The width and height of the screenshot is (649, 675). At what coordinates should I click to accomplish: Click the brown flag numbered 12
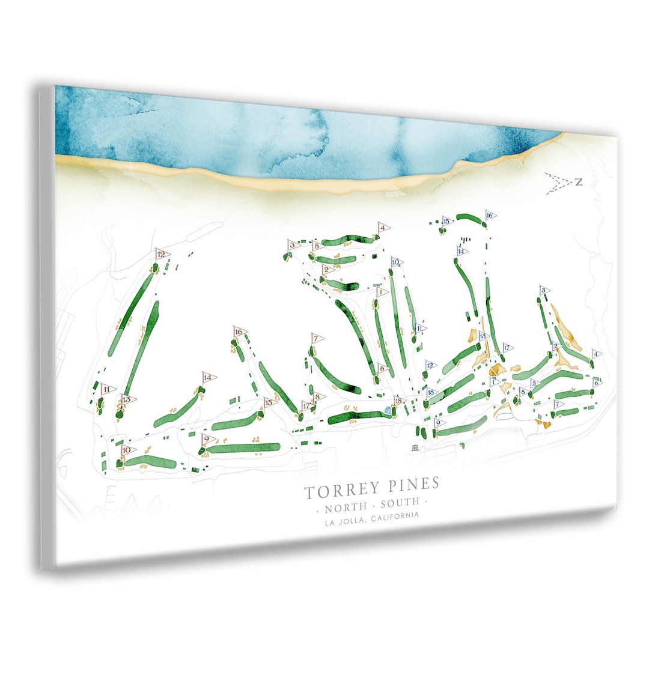(162, 254)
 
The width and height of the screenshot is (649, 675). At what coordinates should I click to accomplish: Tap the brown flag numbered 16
(240, 331)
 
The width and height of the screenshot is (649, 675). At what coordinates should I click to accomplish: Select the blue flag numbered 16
(490, 216)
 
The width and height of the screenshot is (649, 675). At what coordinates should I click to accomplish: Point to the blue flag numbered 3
(544, 291)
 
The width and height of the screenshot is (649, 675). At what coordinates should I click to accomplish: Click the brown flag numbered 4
(383, 228)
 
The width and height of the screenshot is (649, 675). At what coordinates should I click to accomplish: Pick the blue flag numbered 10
(396, 262)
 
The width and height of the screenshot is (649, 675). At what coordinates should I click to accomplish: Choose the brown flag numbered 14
(209, 378)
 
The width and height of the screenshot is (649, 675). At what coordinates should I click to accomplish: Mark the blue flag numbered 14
(462, 252)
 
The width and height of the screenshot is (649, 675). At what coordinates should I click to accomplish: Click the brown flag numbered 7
(316, 339)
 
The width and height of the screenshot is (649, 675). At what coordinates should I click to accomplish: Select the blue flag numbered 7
(558, 404)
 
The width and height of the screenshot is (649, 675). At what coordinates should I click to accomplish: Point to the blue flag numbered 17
(508, 348)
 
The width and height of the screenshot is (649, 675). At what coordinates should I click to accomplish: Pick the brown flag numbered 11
(108, 389)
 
